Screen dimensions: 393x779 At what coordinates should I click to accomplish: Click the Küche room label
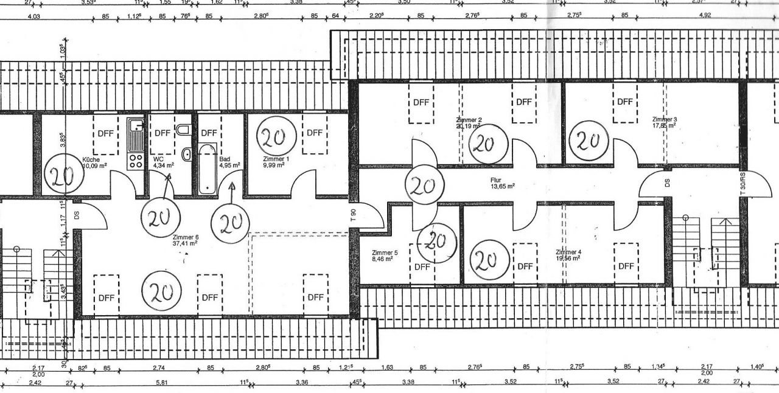(91, 160)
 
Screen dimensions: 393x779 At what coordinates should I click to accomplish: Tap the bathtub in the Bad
(207, 169)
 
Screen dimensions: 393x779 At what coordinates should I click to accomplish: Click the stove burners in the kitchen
(134, 162)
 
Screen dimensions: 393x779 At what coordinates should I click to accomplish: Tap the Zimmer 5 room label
(385, 252)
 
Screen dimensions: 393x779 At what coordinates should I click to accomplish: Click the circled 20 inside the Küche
(63, 176)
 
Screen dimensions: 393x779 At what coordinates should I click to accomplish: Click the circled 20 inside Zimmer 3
(588, 141)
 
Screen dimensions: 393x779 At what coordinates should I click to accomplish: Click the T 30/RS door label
(742, 182)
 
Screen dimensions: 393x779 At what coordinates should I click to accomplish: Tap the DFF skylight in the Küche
(106, 133)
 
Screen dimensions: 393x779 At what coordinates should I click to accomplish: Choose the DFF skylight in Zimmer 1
(315, 133)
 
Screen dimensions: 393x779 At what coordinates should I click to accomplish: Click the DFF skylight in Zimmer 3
(624, 102)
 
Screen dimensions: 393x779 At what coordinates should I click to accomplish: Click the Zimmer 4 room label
(568, 252)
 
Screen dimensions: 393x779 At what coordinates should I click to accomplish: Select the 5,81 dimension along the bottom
(161, 383)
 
